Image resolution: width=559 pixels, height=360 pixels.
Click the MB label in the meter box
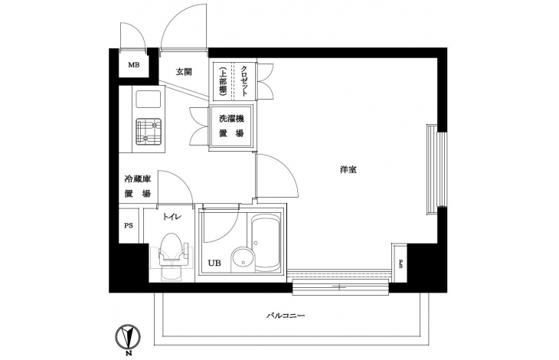pyautogui.click(x=134, y=65)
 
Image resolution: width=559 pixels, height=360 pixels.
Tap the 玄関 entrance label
pyautogui.click(x=184, y=72)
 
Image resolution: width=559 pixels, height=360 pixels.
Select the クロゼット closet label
pyautogui.click(x=244, y=80)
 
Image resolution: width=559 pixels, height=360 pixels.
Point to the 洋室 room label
pyautogui.click(x=348, y=170)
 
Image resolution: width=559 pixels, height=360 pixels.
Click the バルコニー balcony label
pyautogui.click(x=286, y=316)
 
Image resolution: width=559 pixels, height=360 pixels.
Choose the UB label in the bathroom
pyautogui.click(x=214, y=263)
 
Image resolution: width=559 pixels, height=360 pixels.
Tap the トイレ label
pyautogui.click(x=172, y=216)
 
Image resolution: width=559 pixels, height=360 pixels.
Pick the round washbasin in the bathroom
pyautogui.click(x=244, y=260)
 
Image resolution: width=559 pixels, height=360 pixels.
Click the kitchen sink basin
pyautogui.click(x=148, y=100)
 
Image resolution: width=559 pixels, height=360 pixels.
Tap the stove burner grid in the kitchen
pyautogui.click(x=149, y=132)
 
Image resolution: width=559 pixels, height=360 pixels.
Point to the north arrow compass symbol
pyautogui.click(x=128, y=337)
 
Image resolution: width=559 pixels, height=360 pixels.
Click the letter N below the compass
pyautogui.click(x=128, y=354)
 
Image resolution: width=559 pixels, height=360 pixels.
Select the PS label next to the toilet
pyautogui.click(x=129, y=226)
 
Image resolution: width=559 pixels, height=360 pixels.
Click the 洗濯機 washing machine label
pyautogui.click(x=231, y=119)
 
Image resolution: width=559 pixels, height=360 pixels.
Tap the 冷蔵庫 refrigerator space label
pyautogui.click(x=137, y=178)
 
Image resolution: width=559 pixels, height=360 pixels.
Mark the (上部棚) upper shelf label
pyautogui.click(x=223, y=80)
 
